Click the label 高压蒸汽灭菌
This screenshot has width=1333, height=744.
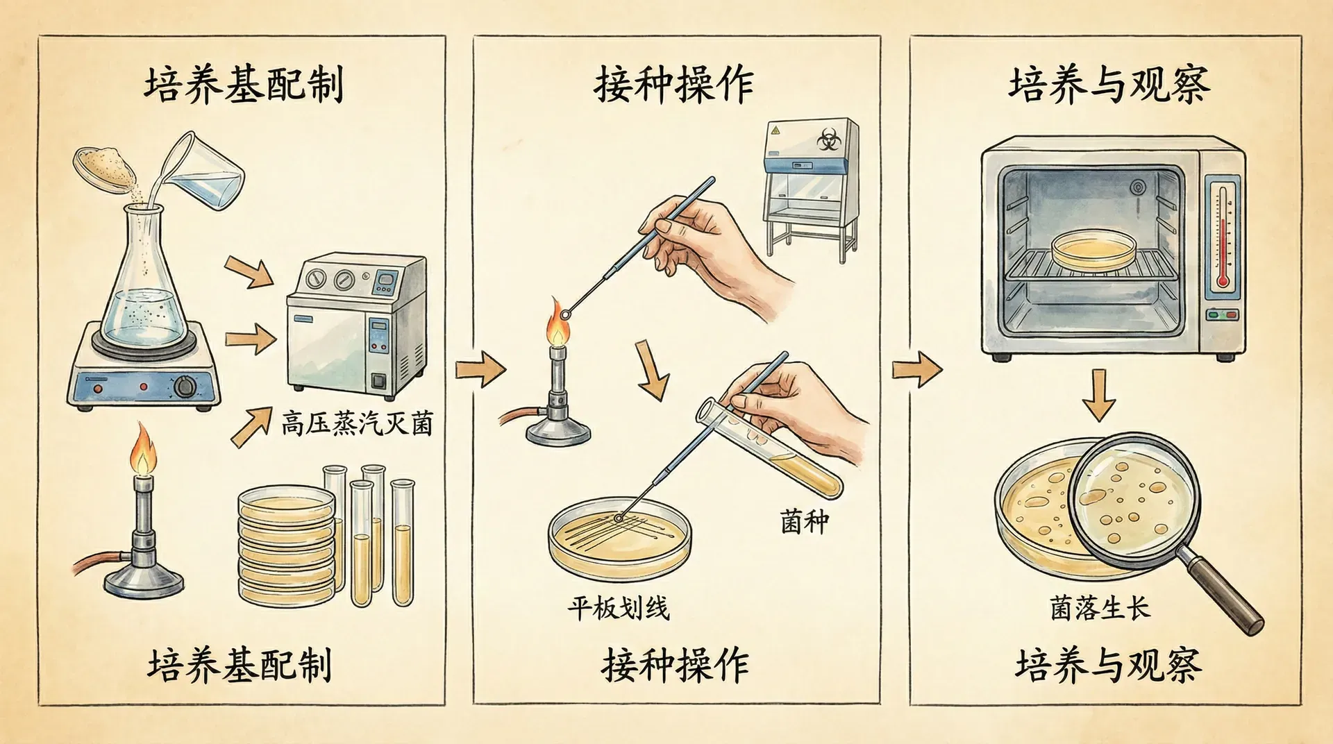click(x=357, y=423)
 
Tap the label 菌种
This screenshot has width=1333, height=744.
click(x=804, y=522)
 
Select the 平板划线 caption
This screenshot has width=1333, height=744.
click(x=618, y=609)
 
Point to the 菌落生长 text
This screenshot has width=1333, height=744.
click(x=1100, y=609)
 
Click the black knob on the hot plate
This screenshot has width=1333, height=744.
click(x=185, y=386)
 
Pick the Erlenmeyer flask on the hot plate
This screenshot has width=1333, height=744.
click(x=143, y=285)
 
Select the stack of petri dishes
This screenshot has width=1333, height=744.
click(x=286, y=545)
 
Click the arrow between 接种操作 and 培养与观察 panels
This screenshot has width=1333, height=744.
click(x=916, y=369)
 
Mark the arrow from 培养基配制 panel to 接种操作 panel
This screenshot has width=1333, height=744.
click(x=480, y=369)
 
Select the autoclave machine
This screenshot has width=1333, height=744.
click(x=357, y=326)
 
